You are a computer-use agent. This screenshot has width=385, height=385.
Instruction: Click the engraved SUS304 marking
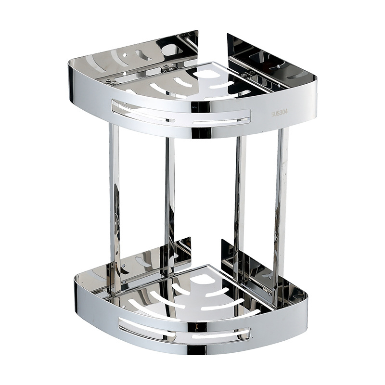point(280,113)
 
